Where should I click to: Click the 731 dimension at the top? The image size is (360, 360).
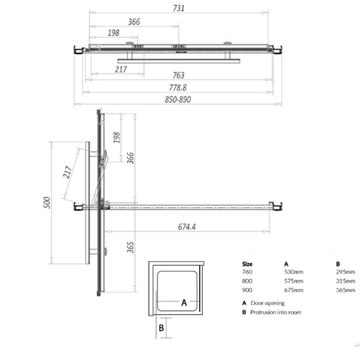[178, 8]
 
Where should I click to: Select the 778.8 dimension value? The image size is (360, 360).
[178, 88]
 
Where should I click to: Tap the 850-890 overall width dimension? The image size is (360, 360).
[178, 99]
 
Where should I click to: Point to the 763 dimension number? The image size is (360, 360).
[178, 75]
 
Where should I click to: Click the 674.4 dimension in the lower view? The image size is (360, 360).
[187, 227]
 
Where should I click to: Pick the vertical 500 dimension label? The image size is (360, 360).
[47, 203]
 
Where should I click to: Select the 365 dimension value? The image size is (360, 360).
[130, 247]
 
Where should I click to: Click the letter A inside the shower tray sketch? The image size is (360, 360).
[184, 302]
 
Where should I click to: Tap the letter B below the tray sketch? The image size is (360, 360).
[161, 328]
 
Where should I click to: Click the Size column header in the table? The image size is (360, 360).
[247, 264]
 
